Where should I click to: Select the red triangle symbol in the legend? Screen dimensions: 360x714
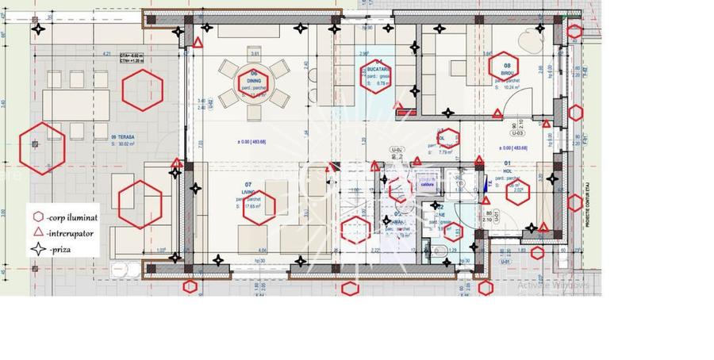38,232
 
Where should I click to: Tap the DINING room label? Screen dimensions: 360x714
255,79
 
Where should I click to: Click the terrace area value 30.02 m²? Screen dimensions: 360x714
125,144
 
